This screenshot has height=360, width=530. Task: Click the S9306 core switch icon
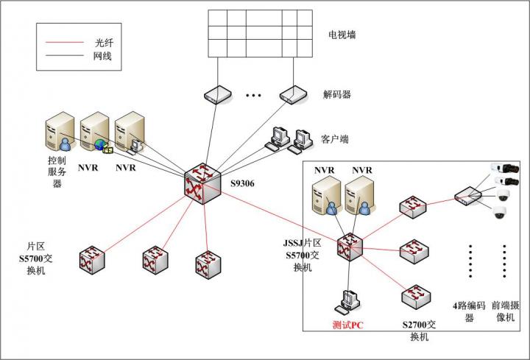coord(202,183)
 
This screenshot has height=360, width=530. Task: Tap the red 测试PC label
coord(347,325)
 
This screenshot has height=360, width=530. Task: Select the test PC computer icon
coord(347,302)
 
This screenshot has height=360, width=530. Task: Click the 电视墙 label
coord(342,35)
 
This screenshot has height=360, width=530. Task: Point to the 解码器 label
coord(337,94)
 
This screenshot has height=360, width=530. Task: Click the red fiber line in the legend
coord(65,42)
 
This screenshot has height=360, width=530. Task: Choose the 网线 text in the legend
coord(102,56)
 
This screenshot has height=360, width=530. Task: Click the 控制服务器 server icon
coord(60,131)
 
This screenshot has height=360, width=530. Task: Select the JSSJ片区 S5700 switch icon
coord(350,247)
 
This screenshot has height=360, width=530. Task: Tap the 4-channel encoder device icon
coord(468,196)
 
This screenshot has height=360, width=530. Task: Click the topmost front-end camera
coord(505,168)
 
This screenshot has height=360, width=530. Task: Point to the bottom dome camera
coord(499,212)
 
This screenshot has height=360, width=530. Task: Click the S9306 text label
coord(242,183)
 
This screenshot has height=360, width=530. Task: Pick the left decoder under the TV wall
coord(218,95)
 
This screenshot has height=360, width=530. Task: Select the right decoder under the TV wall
coord(293,95)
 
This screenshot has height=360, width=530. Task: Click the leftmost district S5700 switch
coord(92,260)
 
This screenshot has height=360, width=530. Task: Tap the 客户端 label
coord(335,139)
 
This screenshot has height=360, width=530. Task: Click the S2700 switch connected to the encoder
coord(413,207)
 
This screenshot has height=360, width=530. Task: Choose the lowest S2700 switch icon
coord(416,297)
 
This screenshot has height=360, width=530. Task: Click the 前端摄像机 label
coord(505,311)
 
